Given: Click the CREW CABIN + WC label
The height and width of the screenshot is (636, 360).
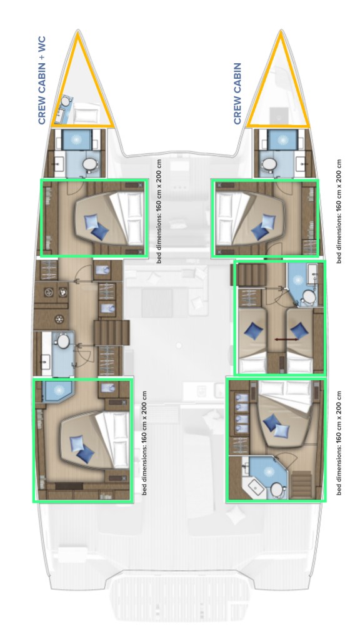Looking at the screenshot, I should coord(42,79).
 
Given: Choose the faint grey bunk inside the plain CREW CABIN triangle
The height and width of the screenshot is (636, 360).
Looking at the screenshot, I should coord(277,115).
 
